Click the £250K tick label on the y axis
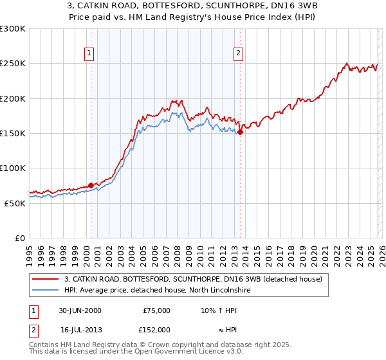[x=13, y=64]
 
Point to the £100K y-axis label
[x=13, y=168]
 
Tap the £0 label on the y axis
[x=21, y=238]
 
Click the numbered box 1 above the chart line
[x=89, y=53]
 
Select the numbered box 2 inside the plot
[x=239, y=53]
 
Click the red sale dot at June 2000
[x=91, y=185]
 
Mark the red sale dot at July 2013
[x=240, y=132]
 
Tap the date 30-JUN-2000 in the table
[x=80, y=310]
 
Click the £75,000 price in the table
[x=156, y=310]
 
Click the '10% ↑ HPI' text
[x=219, y=310]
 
